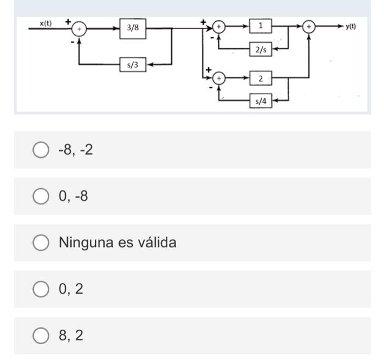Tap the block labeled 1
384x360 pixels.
point(260,26)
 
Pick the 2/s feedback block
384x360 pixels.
point(260,49)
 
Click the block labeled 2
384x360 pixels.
point(260,78)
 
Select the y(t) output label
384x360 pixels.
point(351,26)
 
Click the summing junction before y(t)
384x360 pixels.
point(310,26)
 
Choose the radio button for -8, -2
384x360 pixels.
point(41,150)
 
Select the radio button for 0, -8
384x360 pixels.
point(41,196)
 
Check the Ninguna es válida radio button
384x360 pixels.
point(41,243)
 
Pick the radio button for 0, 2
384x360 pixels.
point(41,289)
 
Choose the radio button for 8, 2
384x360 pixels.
point(41,335)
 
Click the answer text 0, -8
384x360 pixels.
point(74,196)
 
